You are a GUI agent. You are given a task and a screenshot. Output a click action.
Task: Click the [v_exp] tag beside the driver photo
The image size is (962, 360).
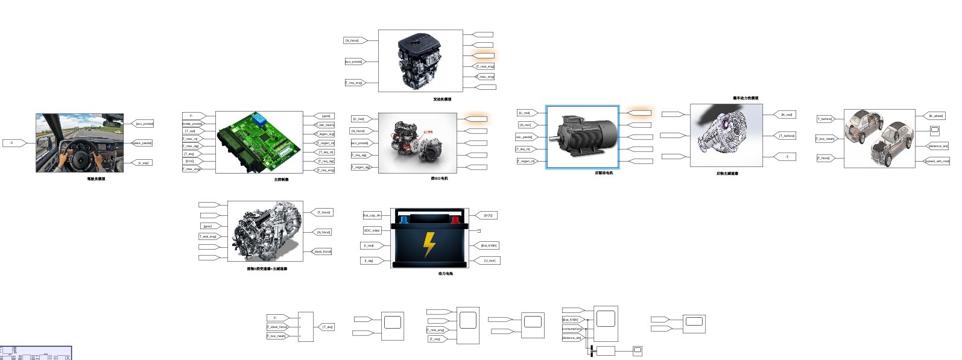[x=143, y=163]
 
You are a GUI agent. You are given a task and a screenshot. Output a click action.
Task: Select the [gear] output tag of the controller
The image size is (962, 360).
[x=326, y=116]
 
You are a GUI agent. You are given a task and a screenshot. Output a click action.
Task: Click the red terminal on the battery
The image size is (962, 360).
[x=455, y=219]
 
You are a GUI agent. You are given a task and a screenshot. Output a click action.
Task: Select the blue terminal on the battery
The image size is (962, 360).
[x=405, y=219]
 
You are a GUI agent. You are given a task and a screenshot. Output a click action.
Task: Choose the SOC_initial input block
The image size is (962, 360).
[x=372, y=230]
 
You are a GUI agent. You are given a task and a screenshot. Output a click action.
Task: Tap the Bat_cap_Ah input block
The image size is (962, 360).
[x=372, y=215]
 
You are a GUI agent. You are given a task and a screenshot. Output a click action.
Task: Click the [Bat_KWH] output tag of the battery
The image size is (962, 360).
[x=489, y=245]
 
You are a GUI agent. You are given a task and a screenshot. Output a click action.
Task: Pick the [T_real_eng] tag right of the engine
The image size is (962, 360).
[x=485, y=66]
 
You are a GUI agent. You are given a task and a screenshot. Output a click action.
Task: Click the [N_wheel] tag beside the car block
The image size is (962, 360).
[x=936, y=116]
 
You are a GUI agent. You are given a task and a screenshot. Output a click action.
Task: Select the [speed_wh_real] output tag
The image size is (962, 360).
[x=937, y=161]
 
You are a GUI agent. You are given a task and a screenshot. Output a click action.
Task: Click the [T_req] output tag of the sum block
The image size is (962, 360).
[x=327, y=327]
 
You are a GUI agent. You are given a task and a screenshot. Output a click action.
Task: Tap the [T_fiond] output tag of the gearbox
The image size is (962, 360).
[x=324, y=212]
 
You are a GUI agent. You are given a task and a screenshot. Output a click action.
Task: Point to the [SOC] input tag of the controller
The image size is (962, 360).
[x=189, y=161]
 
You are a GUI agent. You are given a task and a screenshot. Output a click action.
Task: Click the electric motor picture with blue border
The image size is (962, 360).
[x=583, y=137]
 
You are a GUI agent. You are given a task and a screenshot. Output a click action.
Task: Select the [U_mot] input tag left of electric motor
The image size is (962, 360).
[x=524, y=113]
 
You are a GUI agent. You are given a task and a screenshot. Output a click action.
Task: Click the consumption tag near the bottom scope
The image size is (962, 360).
[x=571, y=329]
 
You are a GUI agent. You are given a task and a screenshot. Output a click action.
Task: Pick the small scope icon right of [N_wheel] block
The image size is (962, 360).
[x=935, y=130]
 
